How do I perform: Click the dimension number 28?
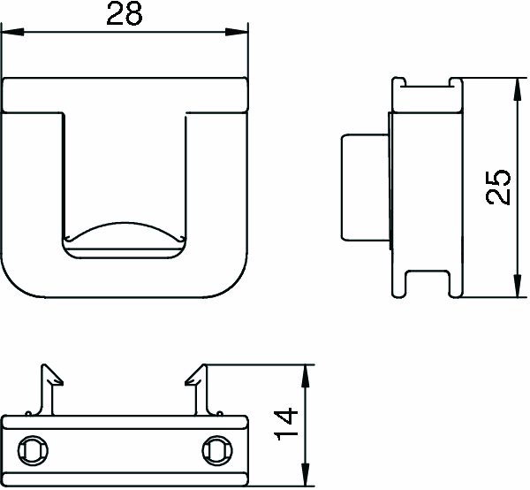(x=125, y=14)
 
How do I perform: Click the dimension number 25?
(x=497, y=187)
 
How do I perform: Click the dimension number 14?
(x=287, y=425)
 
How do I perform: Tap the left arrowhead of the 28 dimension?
(x=13, y=33)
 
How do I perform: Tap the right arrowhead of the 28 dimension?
(x=237, y=33)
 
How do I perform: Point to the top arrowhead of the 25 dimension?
(x=517, y=89)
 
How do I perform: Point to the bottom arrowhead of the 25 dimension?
(x=517, y=286)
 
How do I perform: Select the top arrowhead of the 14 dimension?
(x=306, y=376)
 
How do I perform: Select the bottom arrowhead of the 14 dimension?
(x=306, y=474)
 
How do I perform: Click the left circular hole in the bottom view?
(x=33, y=450)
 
